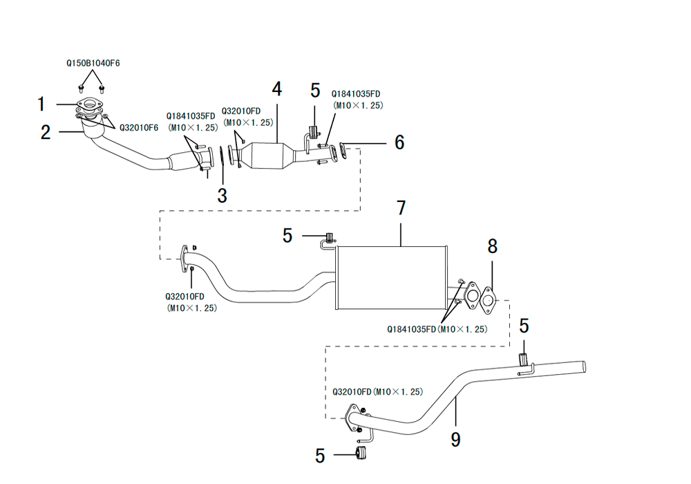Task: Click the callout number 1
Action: point(41,104)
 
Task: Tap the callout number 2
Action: point(46,132)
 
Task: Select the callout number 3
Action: point(222,195)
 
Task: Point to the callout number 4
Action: point(277,89)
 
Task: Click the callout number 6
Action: point(399,142)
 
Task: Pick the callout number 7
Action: point(401,208)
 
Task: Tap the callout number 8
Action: point(492,246)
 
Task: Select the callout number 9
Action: point(455,440)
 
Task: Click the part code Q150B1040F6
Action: point(93,63)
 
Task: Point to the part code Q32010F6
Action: point(139,128)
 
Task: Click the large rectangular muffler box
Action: point(391,277)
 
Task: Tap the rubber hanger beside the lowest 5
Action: point(361,453)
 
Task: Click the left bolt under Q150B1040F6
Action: point(81,89)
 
